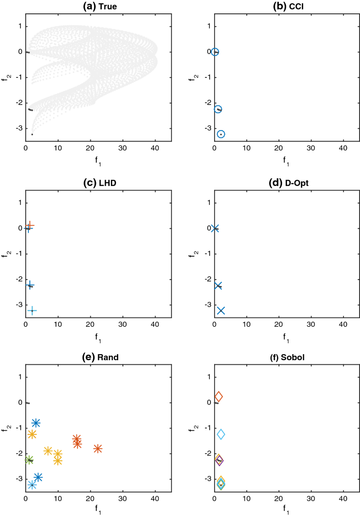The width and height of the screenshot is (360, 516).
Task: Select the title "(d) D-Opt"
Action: [x=287, y=181]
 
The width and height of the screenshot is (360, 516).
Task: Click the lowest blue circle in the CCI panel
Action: [x=221, y=134]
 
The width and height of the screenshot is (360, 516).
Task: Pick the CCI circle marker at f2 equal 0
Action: [x=215, y=52]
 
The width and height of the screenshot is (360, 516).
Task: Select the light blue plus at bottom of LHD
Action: [x=32, y=311]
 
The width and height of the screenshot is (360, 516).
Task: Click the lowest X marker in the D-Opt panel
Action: [x=221, y=311]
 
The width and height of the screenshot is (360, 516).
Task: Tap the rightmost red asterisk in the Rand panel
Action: [x=97, y=449]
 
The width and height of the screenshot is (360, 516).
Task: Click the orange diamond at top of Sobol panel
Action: [x=218, y=396]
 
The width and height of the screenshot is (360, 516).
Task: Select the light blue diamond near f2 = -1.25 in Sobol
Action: [x=221, y=434]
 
